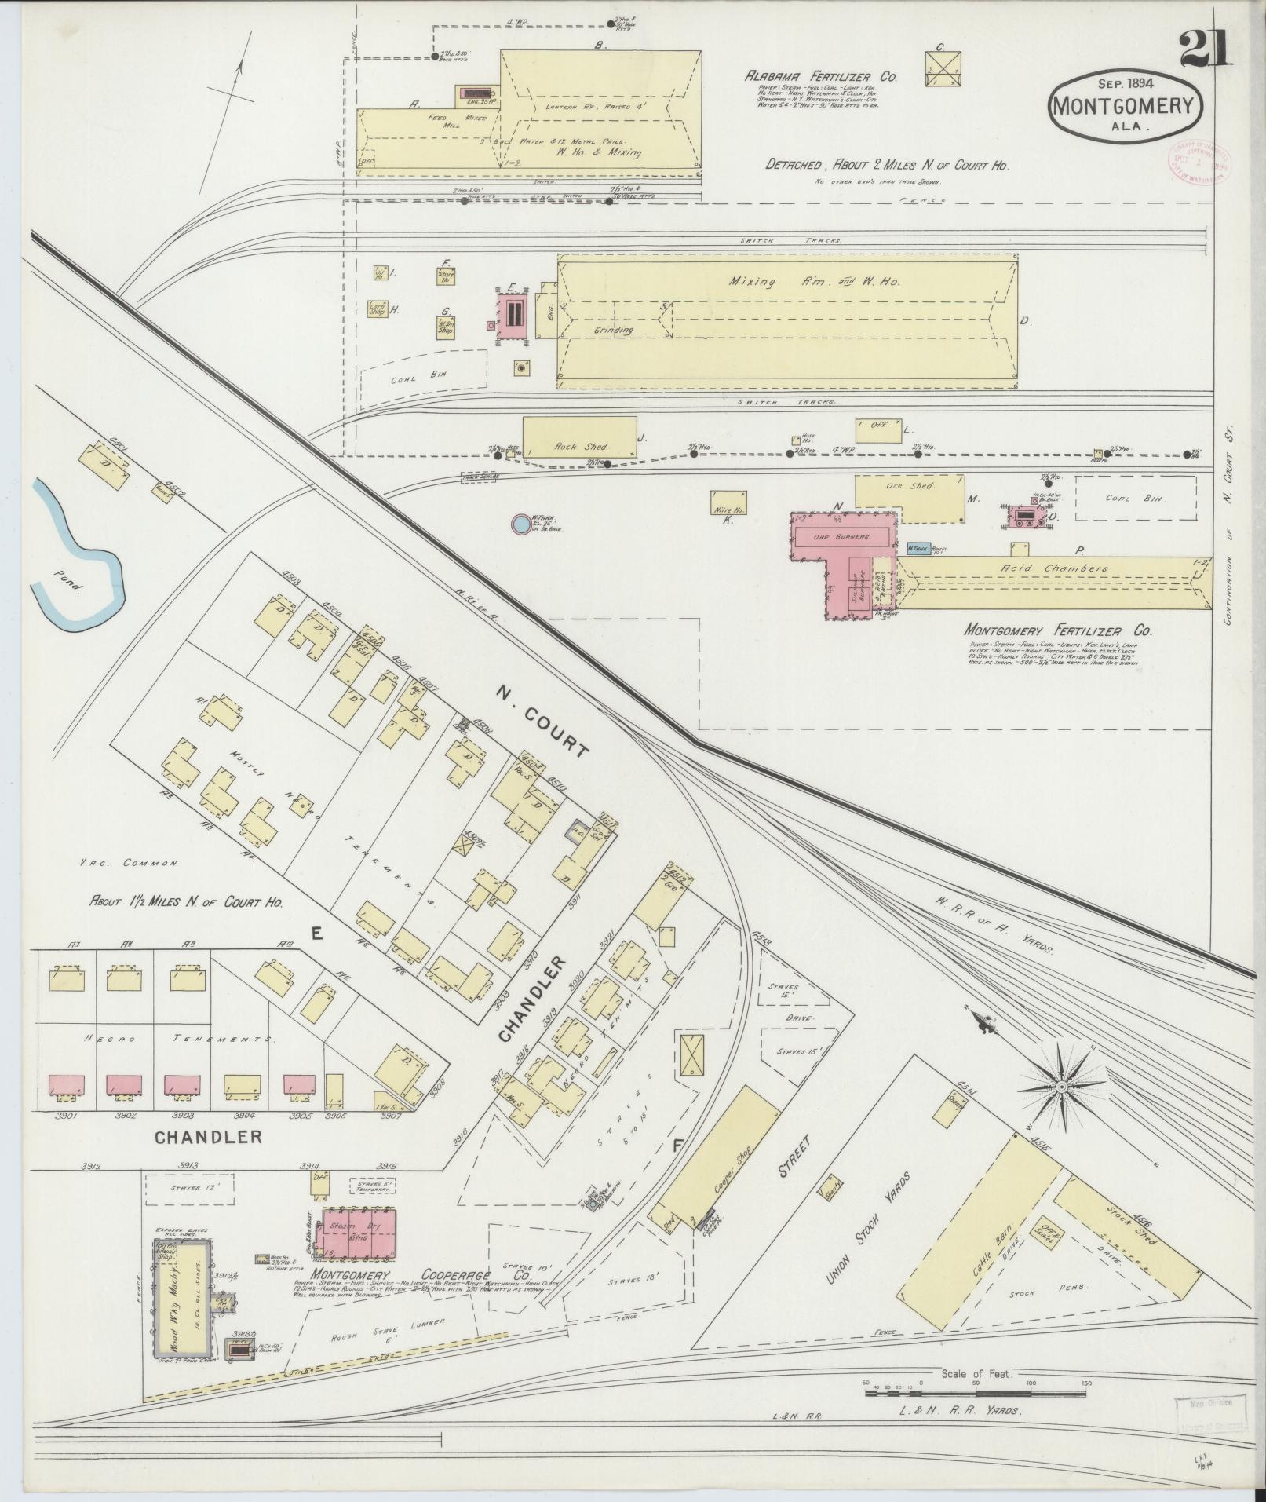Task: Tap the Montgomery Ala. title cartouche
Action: [x=1125, y=104]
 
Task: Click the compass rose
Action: [x=1060, y=1086]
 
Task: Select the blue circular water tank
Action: [x=520, y=524]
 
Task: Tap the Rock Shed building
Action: [x=579, y=437]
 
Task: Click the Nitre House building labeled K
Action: [x=728, y=502]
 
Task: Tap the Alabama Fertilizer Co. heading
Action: [x=821, y=77]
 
